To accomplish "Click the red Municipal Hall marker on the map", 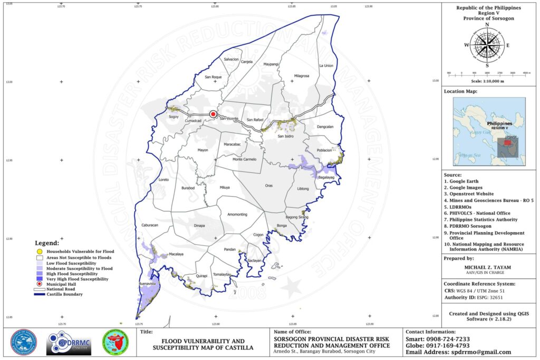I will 213,114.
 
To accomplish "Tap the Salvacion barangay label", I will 232,60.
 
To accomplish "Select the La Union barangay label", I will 326,66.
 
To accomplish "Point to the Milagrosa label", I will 302,76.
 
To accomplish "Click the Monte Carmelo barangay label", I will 245,159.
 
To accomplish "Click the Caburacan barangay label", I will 150,225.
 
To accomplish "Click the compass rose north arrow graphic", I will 487,45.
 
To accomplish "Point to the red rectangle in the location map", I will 508,142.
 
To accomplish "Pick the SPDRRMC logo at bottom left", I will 69,343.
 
